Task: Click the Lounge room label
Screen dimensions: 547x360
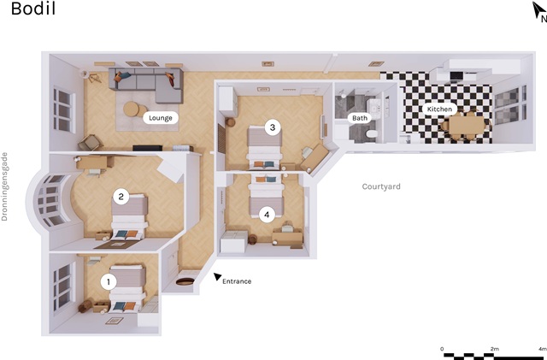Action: [x=161, y=118]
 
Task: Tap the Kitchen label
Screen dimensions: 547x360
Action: [x=439, y=109]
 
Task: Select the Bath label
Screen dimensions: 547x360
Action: [x=360, y=118]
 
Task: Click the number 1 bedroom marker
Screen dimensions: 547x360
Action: [x=109, y=282]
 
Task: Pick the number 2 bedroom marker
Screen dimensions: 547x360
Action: [x=121, y=197]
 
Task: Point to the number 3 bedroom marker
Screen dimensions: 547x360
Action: [x=273, y=127]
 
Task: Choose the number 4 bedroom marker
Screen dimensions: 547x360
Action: [x=267, y=215]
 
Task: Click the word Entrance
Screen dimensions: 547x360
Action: [x=237, y=281]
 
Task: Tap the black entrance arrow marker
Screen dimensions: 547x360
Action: [x=217, y=276]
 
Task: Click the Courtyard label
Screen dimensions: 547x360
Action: [x=381, y=186]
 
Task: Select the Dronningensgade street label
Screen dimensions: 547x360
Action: [x=4, y=186]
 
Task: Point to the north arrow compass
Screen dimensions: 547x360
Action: [x=538, y=10]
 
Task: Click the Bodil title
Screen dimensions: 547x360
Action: [x=33, y=9]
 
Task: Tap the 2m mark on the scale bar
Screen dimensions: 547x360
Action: [x=494, y=349]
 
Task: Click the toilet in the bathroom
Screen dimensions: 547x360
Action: [x=371, y=134]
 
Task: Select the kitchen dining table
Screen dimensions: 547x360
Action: [x=467, y=126]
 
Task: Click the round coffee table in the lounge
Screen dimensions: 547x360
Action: [x=131, y=109]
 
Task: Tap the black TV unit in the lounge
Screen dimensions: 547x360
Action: [x=147, y=148]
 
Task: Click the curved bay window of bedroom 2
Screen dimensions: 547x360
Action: [x=49, y=200]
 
